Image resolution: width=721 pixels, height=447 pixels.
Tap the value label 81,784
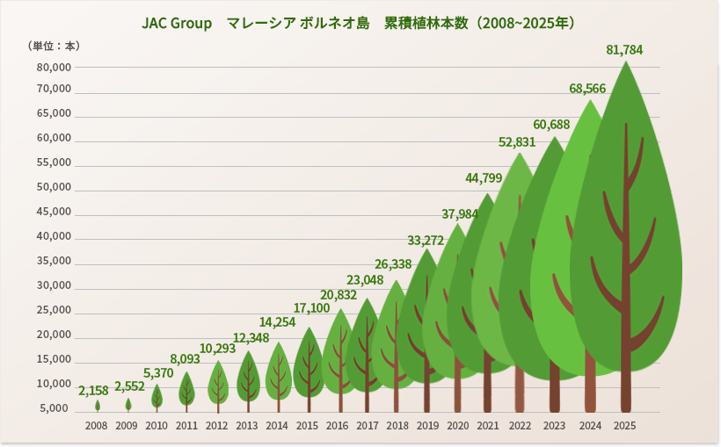(x=624, y=50)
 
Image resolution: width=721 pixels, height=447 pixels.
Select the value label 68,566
(x=587, y=89)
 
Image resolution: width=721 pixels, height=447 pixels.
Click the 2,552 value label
(x=130, y=386)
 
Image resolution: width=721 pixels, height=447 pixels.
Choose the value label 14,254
(x=277, y=322)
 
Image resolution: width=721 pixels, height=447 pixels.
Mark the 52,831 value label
(x=517, y=142)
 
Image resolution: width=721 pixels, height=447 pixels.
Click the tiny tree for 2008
(x=98, y=406)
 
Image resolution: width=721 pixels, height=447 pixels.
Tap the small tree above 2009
(x=127, y=404)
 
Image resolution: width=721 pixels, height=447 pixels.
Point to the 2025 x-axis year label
(x=624, y=425)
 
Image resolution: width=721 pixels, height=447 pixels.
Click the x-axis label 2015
(x=307, y=425)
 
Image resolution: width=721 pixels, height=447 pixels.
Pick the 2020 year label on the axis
(x=457, y=425)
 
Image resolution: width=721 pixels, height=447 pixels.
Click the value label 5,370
(x=158, y=372)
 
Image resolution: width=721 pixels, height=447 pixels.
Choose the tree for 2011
(x=186, y=388)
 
